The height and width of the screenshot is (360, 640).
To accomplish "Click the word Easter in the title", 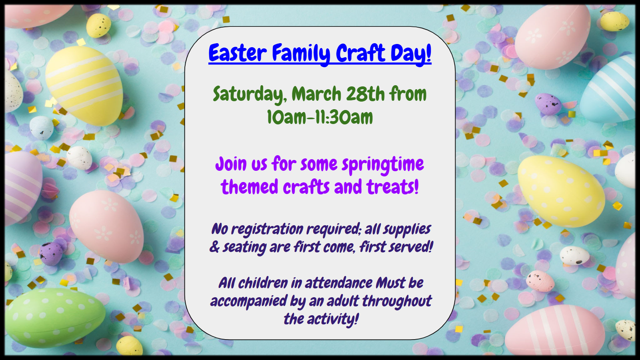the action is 238,53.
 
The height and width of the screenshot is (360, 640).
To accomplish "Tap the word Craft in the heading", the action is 360,53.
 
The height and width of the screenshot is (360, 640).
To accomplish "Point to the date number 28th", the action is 366,94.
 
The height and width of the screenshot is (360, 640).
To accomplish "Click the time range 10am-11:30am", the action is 320,117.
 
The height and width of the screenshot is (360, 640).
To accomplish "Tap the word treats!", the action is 392,186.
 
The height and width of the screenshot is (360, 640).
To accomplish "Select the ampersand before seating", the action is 214,247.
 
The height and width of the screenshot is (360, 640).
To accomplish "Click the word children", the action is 263,283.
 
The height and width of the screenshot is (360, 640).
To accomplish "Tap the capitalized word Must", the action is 390,283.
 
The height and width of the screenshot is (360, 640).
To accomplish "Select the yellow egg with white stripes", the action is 84,85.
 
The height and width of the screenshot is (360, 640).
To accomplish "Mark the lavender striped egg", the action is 22,187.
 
